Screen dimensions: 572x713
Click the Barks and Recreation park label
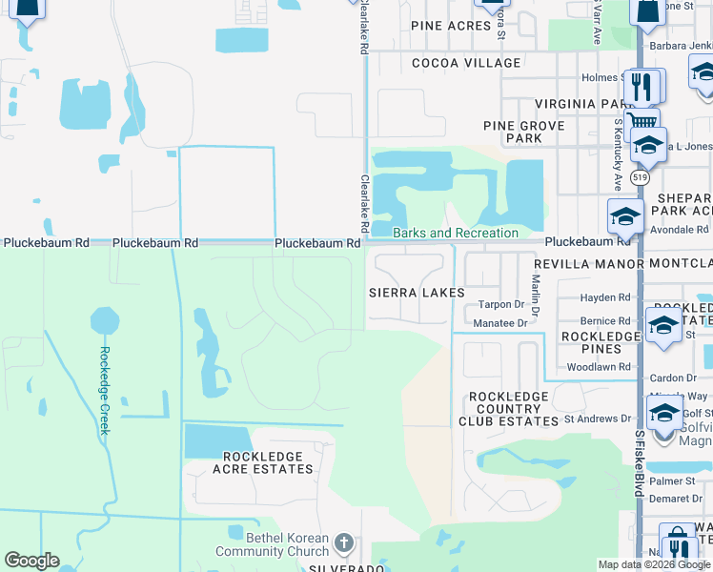(x=456, y=233)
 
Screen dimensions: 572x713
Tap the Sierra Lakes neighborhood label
(x=417, y=293)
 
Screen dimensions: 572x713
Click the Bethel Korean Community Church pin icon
(x=344, y=544)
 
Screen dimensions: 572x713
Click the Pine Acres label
(x=451, y=26)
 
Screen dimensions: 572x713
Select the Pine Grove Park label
(x=524, y=132)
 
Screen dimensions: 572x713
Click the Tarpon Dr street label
(x=501, y=305)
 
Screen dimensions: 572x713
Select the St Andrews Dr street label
(x=598, y=419)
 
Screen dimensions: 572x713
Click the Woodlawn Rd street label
(x=599, y=366)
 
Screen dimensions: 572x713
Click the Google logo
(x=31, y=561)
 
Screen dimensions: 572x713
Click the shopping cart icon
(x=642, y=122)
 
